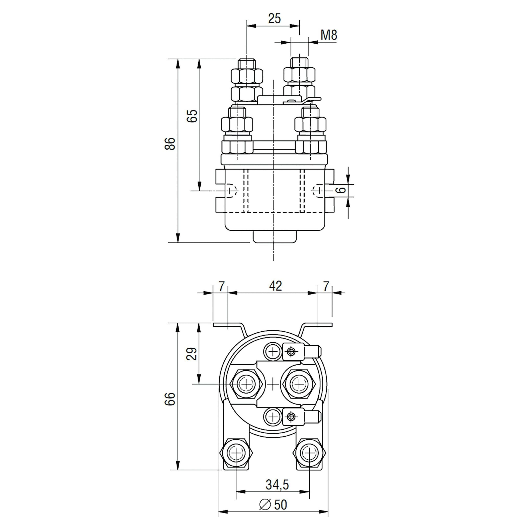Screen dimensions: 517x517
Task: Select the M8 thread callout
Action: click(329, 35)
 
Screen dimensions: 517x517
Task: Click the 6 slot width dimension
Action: click(341, 190)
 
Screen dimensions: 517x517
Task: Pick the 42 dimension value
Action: click(276, 286)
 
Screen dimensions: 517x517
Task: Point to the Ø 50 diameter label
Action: click(273, 505)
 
